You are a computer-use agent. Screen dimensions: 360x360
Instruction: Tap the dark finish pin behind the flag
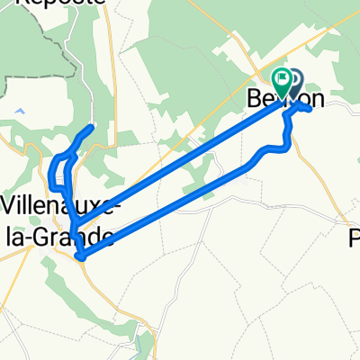(292, 82)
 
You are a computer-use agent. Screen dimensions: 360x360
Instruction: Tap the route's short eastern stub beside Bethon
(310, 108)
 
